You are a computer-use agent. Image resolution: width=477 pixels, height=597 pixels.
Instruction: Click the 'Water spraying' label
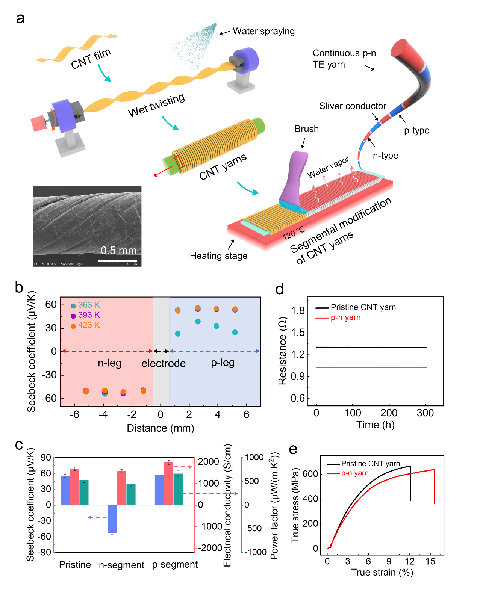pyautogui.click(x=263, y=31)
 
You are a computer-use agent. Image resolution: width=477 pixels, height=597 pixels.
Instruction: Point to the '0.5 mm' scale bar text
pyautogui.click(x=118, y=250)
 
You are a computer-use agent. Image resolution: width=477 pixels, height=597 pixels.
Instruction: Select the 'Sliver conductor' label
pyautogui.click(x=353, y=106)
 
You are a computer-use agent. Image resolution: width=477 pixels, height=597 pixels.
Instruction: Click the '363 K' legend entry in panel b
pyautogui.click(x=89, y=305)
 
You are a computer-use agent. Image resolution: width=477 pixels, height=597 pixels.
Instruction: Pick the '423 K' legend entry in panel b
pyautogui.click(x=89, y=325)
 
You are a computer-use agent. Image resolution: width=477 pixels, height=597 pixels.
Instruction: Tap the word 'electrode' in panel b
pyautogui.click(x=164, y=363)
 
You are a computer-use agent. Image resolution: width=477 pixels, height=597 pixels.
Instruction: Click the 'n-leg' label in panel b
pyautogui.click(x=109, y=363)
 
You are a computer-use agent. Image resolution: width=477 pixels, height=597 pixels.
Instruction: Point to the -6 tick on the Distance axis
pyautogui.click(x=74, y=414)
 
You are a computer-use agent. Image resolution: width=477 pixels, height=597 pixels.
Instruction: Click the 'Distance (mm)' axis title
pyautogui.click(x=161, y=428)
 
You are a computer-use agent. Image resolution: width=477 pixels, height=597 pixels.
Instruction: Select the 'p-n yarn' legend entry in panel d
pyautogui.click(x=345, y=317)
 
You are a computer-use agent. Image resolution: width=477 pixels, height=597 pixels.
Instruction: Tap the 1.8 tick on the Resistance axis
pyautogui.click(x=298, y=311)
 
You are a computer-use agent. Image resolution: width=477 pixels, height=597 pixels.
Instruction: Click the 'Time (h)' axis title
pyautogui.click(x=375, y=425)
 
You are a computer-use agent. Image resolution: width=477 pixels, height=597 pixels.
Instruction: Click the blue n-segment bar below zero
pyautogui.click(x=112, y=518)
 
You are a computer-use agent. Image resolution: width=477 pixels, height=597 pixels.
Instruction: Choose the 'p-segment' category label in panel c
pyautogui.click(x=175, y=564)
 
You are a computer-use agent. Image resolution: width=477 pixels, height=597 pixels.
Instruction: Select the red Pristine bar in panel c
pyautogui.click(x=75, y=487)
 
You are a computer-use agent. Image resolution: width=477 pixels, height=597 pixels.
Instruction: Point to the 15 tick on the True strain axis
pyautogui.click(x=430, y=561)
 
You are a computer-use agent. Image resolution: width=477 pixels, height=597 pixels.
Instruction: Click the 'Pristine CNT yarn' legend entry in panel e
pyautogui.click(x=370, y=464)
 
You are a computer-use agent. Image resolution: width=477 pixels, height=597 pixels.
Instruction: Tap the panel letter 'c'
pyautogui.click(x=19, y=445)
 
